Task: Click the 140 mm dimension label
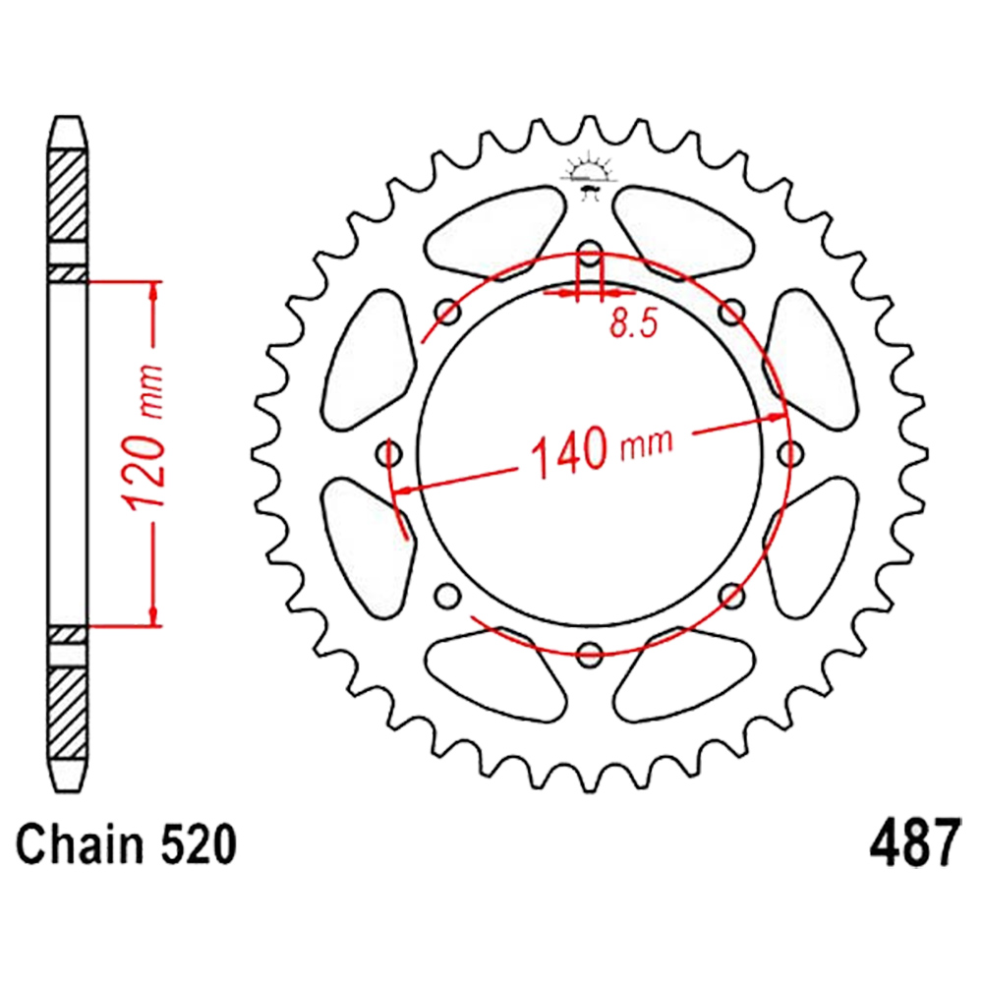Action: pyautogui.click(x=602, y=450)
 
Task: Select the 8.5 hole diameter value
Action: pyautogui.click(x=634, y=323)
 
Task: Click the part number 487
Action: pyautogui.click(x=914, y=842)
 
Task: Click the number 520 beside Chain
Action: pyautogui.click(x=199, y=844)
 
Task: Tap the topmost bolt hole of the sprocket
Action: pyautogui.click(x=589, y=254)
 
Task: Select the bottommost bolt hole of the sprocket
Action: pyautogui.click(x=589, y=654)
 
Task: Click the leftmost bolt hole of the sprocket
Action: pyautogui.click(x=388, y=453)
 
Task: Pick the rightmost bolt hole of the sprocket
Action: pyautogui.click(x=790, y=453)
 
